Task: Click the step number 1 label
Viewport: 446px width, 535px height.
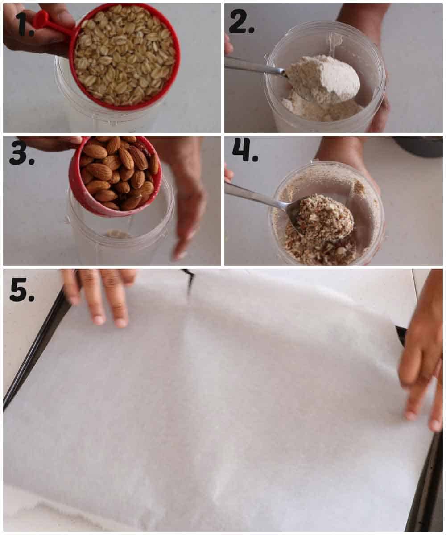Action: tap(24, 25)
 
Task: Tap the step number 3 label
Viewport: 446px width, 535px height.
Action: tap(21, 153)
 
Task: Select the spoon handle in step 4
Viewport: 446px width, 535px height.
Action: tap(254, 196)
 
